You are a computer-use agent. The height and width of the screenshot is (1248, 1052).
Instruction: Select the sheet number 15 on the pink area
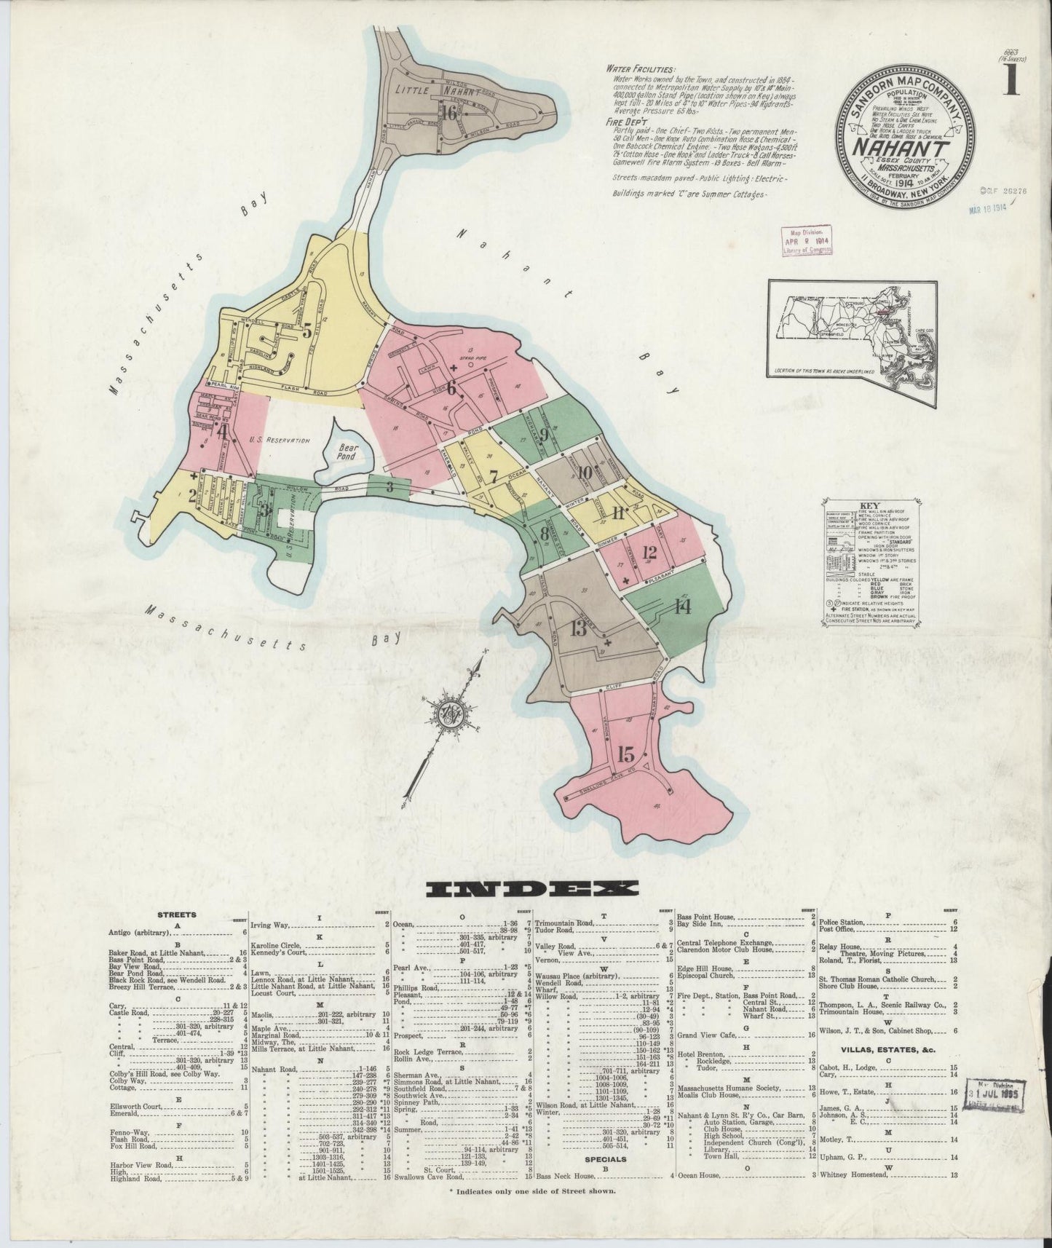[625, 754]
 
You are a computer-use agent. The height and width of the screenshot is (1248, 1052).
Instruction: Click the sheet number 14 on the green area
[681, 607]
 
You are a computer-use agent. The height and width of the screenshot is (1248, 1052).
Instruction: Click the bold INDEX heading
[532, 889]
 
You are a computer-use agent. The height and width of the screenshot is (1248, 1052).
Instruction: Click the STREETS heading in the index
[178, 914]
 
